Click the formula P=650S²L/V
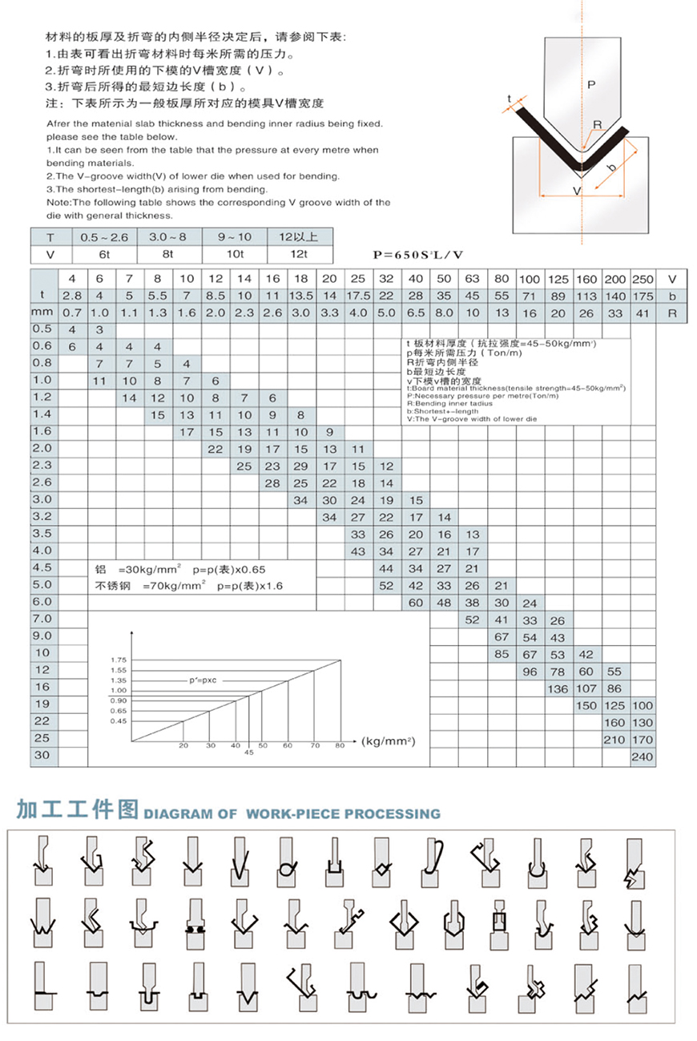point(418,255)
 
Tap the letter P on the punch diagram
point(590,83)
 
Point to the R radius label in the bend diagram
point(597,124)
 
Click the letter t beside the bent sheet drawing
point(509,99)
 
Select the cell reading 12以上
point(299,236)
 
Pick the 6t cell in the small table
point(104,254)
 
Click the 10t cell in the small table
point(235,254)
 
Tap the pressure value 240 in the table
point(643,757)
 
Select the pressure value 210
point(614,740)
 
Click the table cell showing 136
point(558,688)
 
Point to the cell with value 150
point(586,705)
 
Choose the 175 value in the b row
point(643,296)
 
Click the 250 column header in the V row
point(643,279)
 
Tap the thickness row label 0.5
point(42,329)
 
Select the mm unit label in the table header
point(42,313)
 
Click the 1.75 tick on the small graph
point(119,659)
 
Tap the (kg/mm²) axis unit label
point(389,740)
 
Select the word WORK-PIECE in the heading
point(293,813)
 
